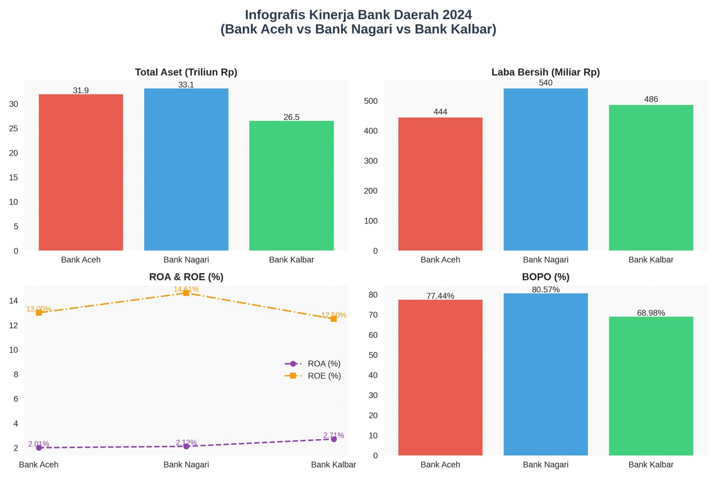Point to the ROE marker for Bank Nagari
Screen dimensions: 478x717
186,293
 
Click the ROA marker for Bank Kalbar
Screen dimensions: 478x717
334,439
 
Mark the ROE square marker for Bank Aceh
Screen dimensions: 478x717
39,313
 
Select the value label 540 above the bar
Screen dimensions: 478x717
545,83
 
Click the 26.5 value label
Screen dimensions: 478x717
291,117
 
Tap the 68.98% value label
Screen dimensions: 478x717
651,313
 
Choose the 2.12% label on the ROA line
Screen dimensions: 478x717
186,442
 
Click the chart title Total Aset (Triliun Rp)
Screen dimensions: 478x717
186,72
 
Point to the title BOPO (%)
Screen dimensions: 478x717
545,277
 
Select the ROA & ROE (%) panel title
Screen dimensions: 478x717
186,277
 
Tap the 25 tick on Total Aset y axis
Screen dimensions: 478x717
13,129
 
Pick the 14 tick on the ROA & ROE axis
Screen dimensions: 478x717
13,301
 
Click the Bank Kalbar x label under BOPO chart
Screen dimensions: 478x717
651,465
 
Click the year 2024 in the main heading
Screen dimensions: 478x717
457,15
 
